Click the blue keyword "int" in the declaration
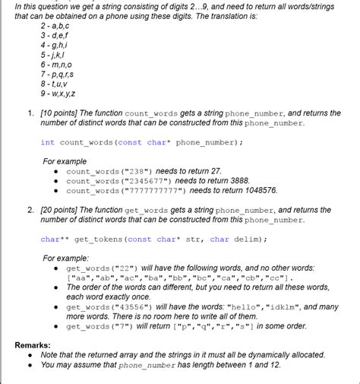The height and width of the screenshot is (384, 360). click(x=47, y=142)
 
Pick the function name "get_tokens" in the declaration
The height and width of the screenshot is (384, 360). click(x=99, y=239)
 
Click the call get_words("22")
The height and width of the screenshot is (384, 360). click(x=102, y=268)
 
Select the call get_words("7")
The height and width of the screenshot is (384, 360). click(x=99, y=326)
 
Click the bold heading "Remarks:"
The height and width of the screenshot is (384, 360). click(x=34, y=344)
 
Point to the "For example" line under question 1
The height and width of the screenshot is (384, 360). click(x=65, y=161)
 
